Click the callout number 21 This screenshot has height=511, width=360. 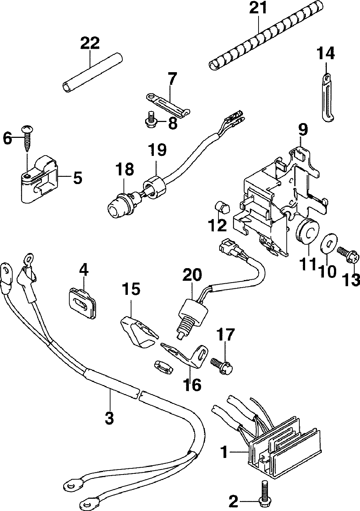258,8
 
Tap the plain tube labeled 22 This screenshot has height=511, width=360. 92,73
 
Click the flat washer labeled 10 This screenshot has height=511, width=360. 329,243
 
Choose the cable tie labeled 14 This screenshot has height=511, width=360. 328,97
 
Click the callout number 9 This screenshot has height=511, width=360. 303,130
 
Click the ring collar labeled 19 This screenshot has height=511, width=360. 155,186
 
